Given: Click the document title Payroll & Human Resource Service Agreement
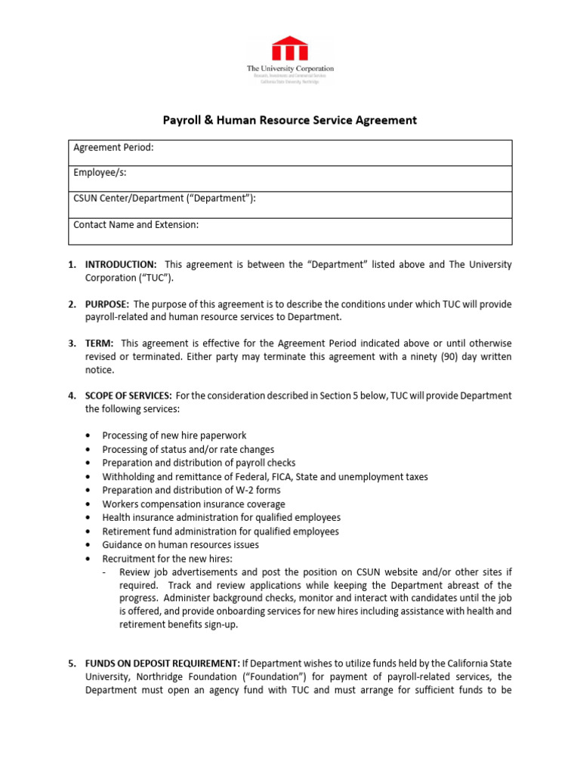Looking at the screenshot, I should tap(290, 120).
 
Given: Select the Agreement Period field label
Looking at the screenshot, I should tap(113, 148).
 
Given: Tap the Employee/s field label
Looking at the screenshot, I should tap(100, 173).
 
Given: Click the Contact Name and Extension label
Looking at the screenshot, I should tap(136, 225).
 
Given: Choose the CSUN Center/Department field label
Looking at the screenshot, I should tap(164, 199).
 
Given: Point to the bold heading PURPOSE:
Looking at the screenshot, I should tap(107, 304).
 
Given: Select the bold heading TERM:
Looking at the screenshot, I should tap(100, 343).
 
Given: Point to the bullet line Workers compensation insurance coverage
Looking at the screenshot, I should tap(193, 504).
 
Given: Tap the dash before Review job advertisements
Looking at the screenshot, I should tap(104, 572).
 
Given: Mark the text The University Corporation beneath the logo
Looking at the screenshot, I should tap(290, 69).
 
